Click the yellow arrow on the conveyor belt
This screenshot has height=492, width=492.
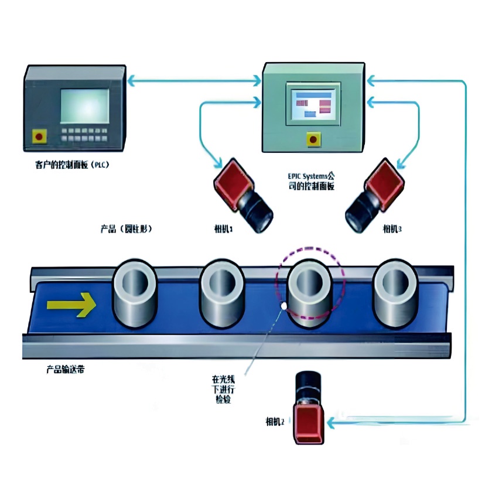tap(71, 303)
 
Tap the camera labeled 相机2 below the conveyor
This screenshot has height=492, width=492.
tap(307, 409)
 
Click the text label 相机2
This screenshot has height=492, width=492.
tap(274, 421)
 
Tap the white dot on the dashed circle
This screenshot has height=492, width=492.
tap(284, 305)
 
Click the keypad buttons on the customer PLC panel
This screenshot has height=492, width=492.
tap(85, 134)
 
